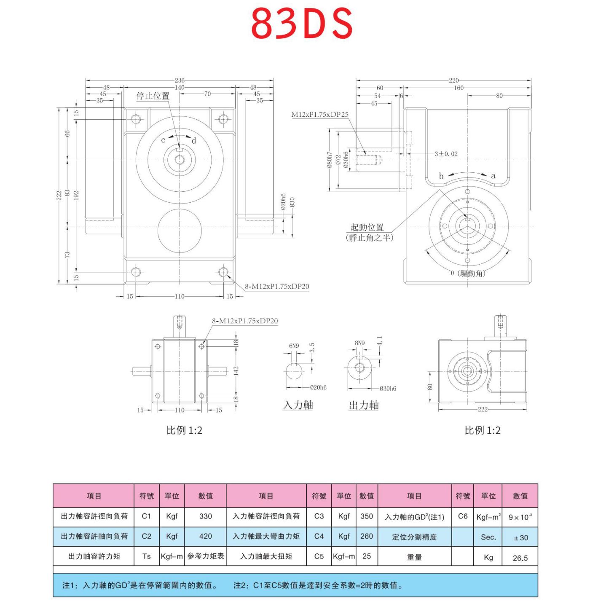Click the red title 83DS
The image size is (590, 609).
coord(302,23)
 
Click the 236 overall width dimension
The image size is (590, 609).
coord(180,80)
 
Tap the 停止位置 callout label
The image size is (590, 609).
coord(153,96)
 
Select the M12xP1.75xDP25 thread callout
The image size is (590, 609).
coord(320,114)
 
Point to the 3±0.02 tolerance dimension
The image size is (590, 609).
coord(446,154)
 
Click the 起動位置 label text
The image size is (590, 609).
coord(367,227)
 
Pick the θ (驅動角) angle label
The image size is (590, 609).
coord(468,273)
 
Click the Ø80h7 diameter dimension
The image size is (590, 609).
coord(330,160)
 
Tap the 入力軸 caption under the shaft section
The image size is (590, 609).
coord(298,405)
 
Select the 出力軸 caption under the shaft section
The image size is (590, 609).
coord(364,405)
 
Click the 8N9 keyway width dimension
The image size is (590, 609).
coord(359,343)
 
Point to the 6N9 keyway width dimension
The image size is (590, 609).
coord(294,346)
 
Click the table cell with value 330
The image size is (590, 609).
coord(206,516)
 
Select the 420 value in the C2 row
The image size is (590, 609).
coord(206,536)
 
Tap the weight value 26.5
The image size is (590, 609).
coord(520,558)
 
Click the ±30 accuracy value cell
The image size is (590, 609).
coord(520,538)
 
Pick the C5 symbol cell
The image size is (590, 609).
coord(319,556)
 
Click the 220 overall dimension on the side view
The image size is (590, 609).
coord(453,80)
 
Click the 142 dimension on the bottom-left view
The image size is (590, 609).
coord(236,371)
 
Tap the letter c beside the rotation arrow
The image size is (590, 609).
coord(163,140)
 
